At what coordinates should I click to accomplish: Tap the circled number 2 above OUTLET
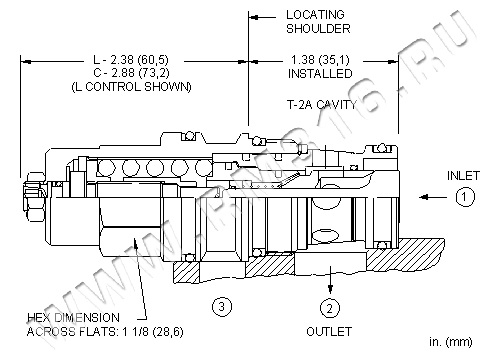[x=330, y=308]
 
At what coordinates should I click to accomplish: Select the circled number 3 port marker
[x=222, y=306]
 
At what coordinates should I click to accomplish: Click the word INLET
[x=463, y=176]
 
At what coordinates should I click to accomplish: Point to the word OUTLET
[x=329, y=331]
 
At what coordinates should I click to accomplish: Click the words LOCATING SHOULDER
[x=318, y=22]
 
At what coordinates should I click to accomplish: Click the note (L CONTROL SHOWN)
[x=132, y=87]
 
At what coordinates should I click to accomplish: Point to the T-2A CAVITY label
[x=322, y=105]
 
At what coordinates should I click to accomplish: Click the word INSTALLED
[x=320, y=73]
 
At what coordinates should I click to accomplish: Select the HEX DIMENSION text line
[x=73, y=317]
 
